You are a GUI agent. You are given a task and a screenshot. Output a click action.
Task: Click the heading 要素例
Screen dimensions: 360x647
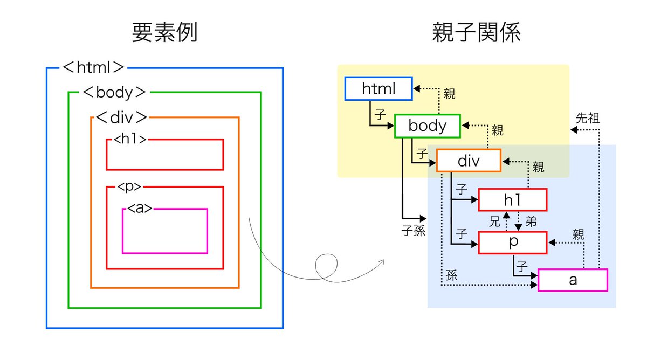[x=164, y=33]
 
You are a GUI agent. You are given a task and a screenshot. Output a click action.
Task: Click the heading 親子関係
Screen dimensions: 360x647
[x=476, y=33]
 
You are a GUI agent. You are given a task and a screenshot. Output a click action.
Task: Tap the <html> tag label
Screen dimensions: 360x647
[x=94, y=67]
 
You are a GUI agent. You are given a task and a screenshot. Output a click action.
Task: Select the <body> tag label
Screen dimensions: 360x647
[x=114, y=92]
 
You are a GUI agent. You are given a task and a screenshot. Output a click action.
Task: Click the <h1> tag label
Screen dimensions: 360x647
[x=130, y=139]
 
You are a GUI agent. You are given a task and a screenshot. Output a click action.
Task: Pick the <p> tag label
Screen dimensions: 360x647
[x=130, y=187]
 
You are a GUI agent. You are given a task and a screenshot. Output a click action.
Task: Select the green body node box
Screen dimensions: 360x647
[x=427, y=126]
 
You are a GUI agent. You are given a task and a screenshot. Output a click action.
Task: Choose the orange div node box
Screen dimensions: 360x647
[x=469, y=160]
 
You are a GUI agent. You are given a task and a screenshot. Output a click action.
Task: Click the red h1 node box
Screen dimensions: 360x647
[x=512, y=200]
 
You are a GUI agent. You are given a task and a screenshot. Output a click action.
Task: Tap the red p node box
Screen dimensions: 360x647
[x=512, y=243]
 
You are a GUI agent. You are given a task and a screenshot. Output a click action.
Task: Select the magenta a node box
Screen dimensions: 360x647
[x=573, y=280]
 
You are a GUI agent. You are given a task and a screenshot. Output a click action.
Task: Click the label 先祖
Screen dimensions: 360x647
[x=588, y=117]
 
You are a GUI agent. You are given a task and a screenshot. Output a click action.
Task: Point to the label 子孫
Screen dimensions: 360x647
[x=413, y=231]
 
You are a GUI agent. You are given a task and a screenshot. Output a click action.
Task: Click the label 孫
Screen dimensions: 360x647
[x=451, y=274]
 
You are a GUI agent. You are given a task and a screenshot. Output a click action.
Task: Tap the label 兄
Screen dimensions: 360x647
[x=494, y=221]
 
